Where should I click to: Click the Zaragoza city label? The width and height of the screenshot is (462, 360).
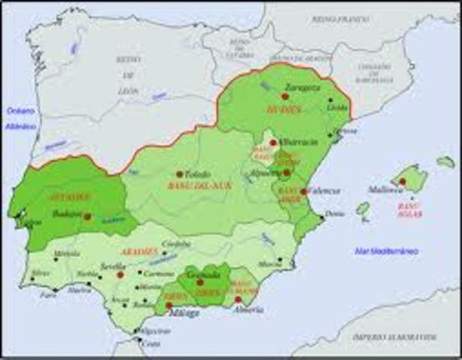307,88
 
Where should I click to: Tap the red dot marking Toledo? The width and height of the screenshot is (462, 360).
180,173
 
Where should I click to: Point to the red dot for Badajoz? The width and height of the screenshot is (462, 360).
87,216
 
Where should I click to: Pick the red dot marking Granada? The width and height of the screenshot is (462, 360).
200,283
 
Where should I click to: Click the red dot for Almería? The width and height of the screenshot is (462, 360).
238,299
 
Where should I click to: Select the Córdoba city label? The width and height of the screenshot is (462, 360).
177,244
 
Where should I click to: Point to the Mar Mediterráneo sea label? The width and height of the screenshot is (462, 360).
388,250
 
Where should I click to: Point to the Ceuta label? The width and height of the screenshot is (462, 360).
151,344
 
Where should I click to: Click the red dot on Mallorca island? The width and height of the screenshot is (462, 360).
403,181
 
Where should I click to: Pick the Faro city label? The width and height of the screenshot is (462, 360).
49,295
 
